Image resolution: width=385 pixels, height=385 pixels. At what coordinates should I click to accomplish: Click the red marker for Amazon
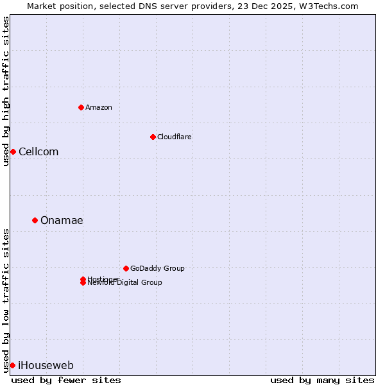coord(81,107)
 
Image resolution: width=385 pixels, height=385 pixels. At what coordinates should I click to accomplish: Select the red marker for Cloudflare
coord(153,137)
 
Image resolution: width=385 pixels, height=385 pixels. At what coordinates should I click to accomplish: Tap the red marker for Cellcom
coord(13,151)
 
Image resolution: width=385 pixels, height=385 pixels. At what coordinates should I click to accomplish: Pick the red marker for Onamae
coord(35,220)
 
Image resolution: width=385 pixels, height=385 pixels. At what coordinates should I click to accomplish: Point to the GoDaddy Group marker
coord(126,268)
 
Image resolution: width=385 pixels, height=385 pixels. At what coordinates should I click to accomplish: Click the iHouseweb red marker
coord(12,365)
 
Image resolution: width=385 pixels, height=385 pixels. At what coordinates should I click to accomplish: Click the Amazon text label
coord(99,107)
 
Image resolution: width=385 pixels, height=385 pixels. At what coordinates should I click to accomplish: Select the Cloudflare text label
coord(175,137)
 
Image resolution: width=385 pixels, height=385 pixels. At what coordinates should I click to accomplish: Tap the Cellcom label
coord(38,151)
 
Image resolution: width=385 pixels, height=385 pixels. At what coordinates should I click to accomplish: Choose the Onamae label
coord(62,220)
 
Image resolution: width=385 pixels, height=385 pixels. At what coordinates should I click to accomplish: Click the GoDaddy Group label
coord(157,268)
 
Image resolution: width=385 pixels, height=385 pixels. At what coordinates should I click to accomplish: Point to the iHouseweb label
coord(46,365)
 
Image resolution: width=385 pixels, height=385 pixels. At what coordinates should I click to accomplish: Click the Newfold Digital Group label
coord(125,283)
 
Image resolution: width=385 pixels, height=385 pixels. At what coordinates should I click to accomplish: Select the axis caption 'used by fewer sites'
coord(66,380)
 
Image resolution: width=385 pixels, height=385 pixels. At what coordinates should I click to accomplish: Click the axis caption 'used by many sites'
coord(322,380)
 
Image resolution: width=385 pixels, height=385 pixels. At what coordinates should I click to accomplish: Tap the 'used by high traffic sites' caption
coord(6,91)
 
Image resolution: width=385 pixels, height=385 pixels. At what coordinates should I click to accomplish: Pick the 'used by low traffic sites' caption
coord(6,300)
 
